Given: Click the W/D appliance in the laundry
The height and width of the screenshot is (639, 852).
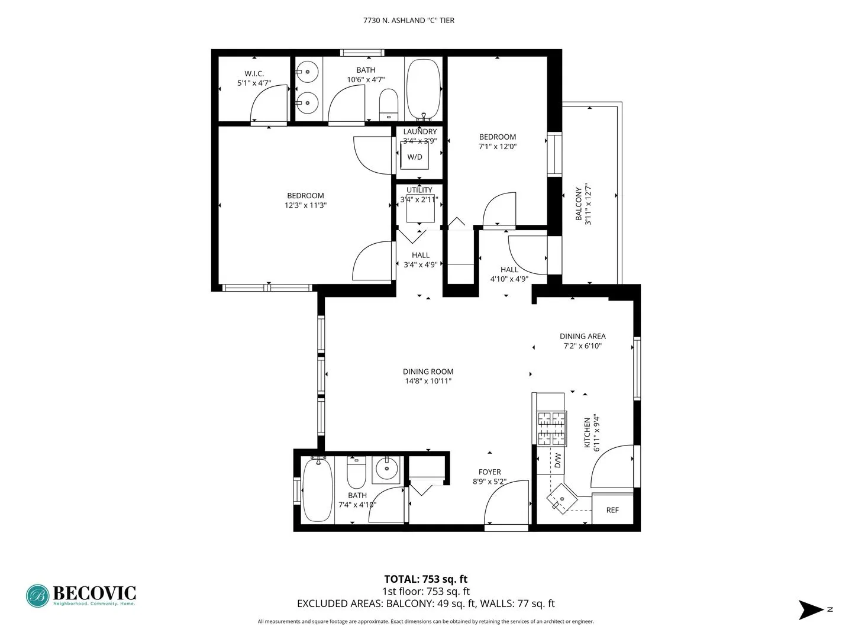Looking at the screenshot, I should (414, 157).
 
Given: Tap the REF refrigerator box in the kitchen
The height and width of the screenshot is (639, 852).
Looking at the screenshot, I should (612, 509).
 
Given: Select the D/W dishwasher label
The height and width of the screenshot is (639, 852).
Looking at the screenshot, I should (557, 460).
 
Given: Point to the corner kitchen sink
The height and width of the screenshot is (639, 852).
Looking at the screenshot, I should (560, 498).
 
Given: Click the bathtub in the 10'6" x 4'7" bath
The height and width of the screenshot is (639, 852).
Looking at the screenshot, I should (424, 89).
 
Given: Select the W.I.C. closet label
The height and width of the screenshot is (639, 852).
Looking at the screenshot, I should (254, 73).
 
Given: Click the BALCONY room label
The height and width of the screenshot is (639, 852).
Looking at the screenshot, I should (579, 204).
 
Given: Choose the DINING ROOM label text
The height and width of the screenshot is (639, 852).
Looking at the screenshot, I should (428, 372).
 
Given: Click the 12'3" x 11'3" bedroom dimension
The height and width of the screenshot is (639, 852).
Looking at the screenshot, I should (305, 205).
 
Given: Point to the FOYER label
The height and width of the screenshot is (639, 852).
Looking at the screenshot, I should (489, 472).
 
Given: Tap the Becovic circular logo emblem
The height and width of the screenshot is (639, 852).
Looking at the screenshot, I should (37, 596).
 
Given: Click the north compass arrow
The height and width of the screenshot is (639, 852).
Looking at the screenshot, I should (810, 609).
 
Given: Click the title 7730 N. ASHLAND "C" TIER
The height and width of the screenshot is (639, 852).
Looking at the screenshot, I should (408, 20).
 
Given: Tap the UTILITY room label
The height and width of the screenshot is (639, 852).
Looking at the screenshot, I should (419, 190).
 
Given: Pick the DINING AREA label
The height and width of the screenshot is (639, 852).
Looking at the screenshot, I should (582, 336).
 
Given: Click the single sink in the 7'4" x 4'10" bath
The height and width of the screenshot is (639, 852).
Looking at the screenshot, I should (388, 470).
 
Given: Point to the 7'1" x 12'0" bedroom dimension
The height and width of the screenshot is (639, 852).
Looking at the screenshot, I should (497, 147).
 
